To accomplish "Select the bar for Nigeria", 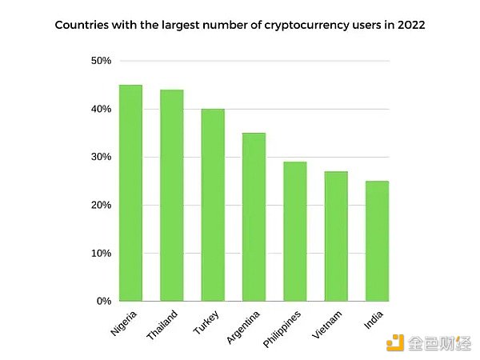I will coord(130,193).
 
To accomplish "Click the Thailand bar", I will coord(171,195).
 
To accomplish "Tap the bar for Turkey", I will coord(213,205).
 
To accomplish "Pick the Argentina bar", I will coord(254,217).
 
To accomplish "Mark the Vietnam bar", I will coord(336,236).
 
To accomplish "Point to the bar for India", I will coord(378,241).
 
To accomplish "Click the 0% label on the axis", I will coord(103,302).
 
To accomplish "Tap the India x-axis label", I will coord(372,318).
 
